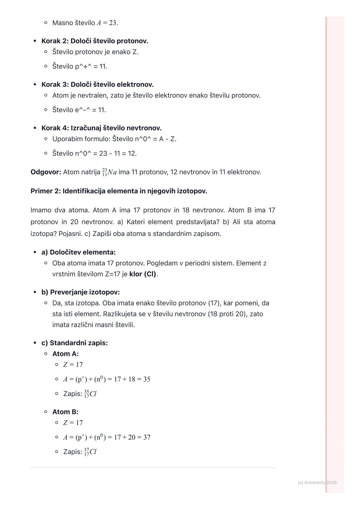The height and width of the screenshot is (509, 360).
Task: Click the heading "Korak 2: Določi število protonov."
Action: (95, 41)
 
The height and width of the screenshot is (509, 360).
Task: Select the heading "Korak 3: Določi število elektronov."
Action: (97, 85)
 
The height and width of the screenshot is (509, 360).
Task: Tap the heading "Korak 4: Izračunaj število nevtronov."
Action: (101, 128)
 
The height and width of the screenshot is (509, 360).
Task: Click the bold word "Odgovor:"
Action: (46, 172)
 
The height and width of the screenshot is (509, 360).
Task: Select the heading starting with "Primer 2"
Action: (119, 191)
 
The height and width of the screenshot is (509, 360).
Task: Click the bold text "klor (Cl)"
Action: (143, 274)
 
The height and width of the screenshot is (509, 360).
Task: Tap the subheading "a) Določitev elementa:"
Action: (78, 252)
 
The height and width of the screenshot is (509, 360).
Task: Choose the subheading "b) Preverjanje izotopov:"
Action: (80, 292)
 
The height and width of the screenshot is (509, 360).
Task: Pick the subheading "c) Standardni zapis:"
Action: (74, 343)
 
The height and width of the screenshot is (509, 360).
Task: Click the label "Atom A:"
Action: (65, 354)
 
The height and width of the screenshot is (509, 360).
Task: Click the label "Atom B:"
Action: (65, 412)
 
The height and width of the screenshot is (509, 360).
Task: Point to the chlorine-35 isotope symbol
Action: (90, 394)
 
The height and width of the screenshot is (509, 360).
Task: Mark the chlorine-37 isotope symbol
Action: (90, 452)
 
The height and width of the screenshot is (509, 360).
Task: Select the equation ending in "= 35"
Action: (107, 379)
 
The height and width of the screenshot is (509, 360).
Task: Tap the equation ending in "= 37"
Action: (107, 437)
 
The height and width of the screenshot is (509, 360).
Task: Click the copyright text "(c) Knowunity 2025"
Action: (317, 482)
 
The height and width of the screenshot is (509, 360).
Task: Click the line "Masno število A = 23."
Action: (85, 23)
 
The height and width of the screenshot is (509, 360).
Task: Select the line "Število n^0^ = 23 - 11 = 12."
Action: (94, 153)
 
